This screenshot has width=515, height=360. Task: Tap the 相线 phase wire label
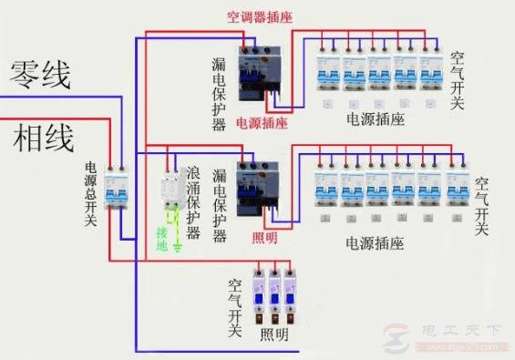[x=42, y=139]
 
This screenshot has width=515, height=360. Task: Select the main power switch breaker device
[x=115, y=187]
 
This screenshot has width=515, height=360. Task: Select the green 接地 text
[x=162, y=238]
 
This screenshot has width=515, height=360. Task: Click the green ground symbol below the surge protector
[x=180, y=243]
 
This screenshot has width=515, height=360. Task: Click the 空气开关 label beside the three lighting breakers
[x=236, y=310]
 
